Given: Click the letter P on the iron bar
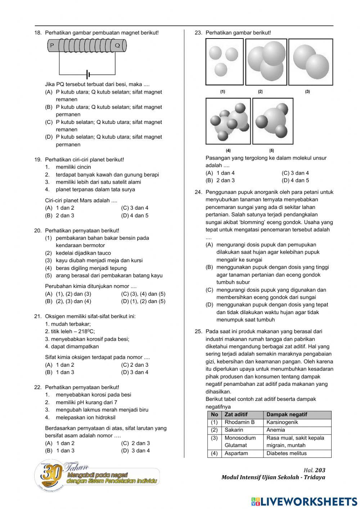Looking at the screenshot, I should pos(52,45).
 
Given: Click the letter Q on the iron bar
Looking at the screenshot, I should pos(117,45).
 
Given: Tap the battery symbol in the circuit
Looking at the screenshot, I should pos(88,75).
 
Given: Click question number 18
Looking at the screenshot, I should pos(38,33).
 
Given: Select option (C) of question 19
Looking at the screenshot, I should pos(135,208).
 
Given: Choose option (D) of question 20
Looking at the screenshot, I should pos(143,301).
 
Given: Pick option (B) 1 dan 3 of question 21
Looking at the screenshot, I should pos(60,372).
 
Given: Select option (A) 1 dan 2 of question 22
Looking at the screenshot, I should pos(60,443).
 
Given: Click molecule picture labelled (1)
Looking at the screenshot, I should pos(224,62).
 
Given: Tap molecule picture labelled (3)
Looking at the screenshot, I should pos(310,62).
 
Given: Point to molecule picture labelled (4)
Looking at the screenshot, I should pos(228,121).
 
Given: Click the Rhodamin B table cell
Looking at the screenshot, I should pos(239,422).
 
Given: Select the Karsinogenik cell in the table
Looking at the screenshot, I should pos(282,422).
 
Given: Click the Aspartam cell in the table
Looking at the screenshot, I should pos(236,454).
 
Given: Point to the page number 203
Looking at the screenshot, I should pos(320,470).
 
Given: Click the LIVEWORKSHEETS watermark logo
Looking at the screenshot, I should pos(304,501).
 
